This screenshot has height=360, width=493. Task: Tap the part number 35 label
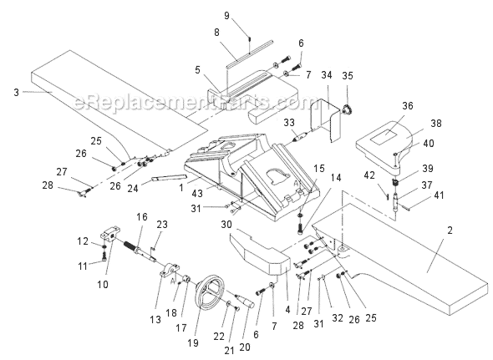pyautogui.click(x=347, y=76)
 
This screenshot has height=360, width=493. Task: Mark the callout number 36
pyautogui.click(x=407, y=105)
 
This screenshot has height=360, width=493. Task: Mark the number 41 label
pyautogui.click(x=415, y=196)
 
